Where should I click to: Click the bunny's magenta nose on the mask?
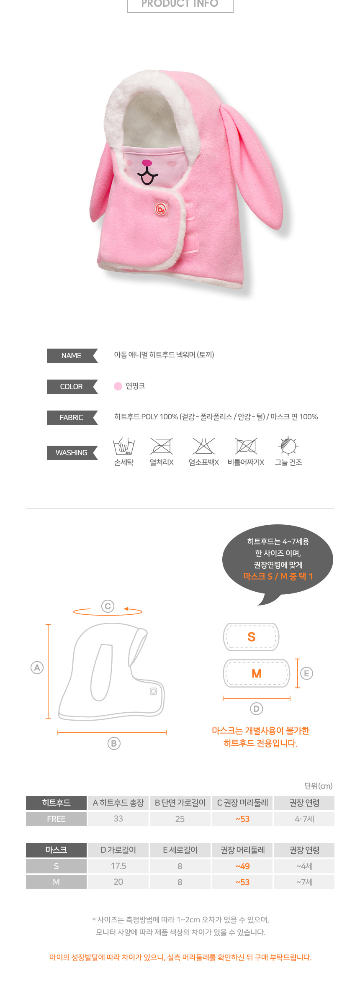[147, 163]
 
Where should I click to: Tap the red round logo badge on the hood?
[161, 208]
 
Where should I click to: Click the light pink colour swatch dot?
[118, 386]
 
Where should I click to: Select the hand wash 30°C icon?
[124, 446]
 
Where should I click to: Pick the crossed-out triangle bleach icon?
[204, 446]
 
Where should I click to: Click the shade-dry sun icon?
[288, 446]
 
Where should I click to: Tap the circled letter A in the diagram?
[37, 667]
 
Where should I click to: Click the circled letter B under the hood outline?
[114, 743]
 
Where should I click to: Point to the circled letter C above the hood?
[108, 606]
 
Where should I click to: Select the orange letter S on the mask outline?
[252, 637]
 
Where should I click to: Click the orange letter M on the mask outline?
[257, 673]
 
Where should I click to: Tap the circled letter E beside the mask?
[307, 673]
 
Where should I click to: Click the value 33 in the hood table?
[118, 819]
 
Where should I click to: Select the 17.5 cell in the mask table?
[118, 866]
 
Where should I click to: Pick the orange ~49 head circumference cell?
[242, 866]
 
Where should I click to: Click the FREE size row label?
[56, 819]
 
